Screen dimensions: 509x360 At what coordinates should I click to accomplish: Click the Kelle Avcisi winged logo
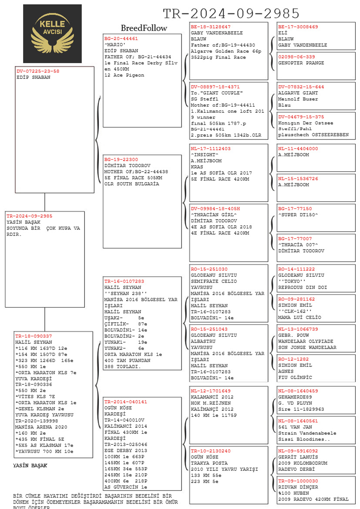pos(52,33)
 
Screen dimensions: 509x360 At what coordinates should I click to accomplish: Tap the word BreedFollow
pos(144,28)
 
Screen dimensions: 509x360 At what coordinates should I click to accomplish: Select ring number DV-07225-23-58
pos(38,71)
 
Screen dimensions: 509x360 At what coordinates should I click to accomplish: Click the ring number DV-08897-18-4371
pos(215,87)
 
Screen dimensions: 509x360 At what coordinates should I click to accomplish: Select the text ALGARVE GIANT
pos(298,93)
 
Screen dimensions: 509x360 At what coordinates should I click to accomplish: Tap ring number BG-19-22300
pos(121,160)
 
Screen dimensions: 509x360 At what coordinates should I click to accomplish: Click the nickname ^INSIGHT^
pos(205,155)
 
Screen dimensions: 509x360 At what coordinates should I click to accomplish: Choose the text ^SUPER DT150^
pos(298,215)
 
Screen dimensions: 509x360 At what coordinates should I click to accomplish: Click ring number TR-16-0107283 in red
pos(124,281)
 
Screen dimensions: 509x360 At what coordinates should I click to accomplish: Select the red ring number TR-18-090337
pos(34,336)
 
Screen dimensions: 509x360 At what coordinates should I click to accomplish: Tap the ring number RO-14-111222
pos(296,269)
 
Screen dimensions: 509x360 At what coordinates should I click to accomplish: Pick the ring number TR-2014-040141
pos(125,402)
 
